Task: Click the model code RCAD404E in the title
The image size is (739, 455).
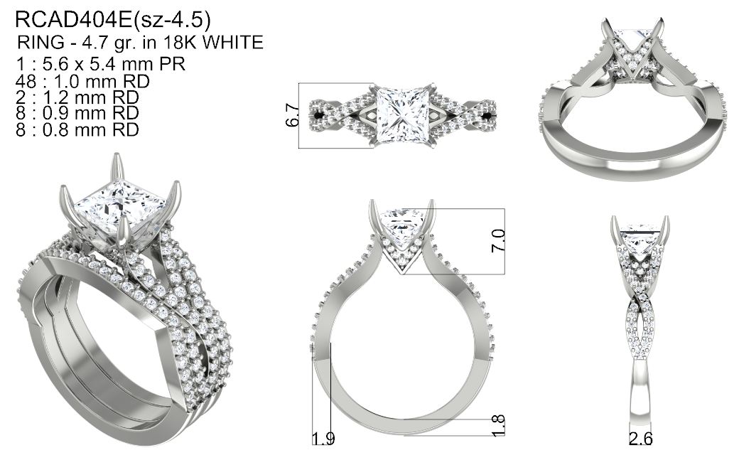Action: click(x=74, y=20)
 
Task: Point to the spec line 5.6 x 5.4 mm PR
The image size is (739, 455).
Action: click(x=100, y=64)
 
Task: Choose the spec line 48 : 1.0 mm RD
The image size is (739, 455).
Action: click(x=82, y=81)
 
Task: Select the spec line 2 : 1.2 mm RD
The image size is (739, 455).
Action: click(x=77, y=97)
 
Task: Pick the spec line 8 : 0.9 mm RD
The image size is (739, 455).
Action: click(x=77, y=113)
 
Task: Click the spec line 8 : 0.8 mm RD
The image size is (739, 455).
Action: click(x=77, y=129)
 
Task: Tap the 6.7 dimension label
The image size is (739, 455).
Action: click(x=292, y=115)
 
